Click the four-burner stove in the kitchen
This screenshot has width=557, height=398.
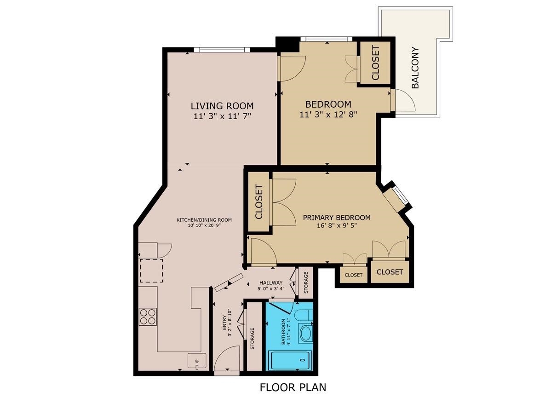(x=148, y=317)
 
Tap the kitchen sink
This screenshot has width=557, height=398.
(x=197, y=361)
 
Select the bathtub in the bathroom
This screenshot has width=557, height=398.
(x=290, y=360)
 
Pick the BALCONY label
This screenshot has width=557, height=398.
(x=415, y=68)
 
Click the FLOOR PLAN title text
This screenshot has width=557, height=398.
(x=293, y=387)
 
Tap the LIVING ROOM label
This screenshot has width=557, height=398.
(x=222, y=106)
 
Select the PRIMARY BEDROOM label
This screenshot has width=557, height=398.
(x=336, y=218)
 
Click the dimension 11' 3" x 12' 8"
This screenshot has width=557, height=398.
(x=328, y=115)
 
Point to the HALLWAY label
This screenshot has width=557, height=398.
(x=271, y=283)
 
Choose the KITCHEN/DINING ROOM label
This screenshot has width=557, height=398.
(x=204, y=220)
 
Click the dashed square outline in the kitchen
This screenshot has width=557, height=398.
(x=151, y=271)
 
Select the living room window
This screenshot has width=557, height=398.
(x=222, y=50)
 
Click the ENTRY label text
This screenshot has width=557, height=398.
(x=224, y=323)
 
